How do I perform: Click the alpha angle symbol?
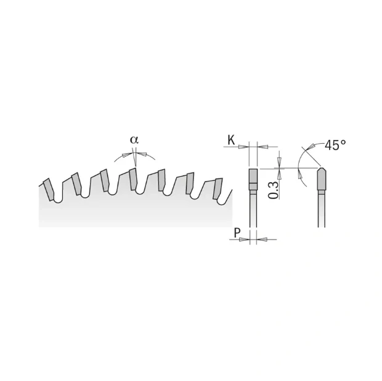pos(134,140)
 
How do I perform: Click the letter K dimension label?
pos(231,140)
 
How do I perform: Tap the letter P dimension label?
pos(237,233)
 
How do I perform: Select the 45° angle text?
pos(335,145)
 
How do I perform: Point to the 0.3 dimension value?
pos(274,190)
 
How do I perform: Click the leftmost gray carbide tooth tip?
pos(48,190)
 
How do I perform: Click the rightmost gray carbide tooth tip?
pos(217,188)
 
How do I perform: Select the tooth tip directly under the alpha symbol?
pos(132,179)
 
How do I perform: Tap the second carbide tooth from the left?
pos(77,183)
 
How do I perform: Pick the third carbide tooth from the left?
pos(105,180)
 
